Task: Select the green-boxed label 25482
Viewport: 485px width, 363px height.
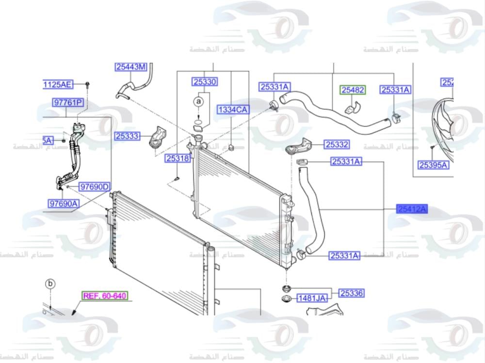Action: pos(353,90)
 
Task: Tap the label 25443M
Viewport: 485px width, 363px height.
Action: pos(130,67)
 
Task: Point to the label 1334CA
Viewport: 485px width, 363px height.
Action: pos(232,110)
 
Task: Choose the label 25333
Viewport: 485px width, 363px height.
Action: pos(127,136)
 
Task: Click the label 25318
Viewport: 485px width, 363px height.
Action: pos(178,158)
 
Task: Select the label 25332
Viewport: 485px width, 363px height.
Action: pos(337,144)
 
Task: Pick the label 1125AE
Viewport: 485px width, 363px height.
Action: pos(57,85)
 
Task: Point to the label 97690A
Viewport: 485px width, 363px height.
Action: pos(64,204)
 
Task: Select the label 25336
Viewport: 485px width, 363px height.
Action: pos(352,293)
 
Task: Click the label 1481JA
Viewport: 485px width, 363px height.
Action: pos(311,298)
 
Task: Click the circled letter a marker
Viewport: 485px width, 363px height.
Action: pos(198,101)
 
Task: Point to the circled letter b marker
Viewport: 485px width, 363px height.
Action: pos(50,284)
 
